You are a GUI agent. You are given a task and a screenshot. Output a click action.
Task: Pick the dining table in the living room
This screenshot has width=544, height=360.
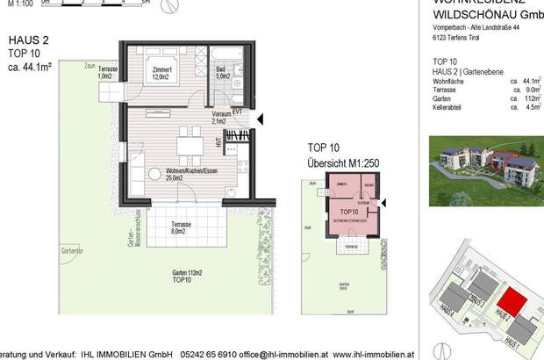(x=186, y=144)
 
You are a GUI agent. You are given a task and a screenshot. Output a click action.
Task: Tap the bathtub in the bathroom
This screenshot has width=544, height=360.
(x=219, y=56)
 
